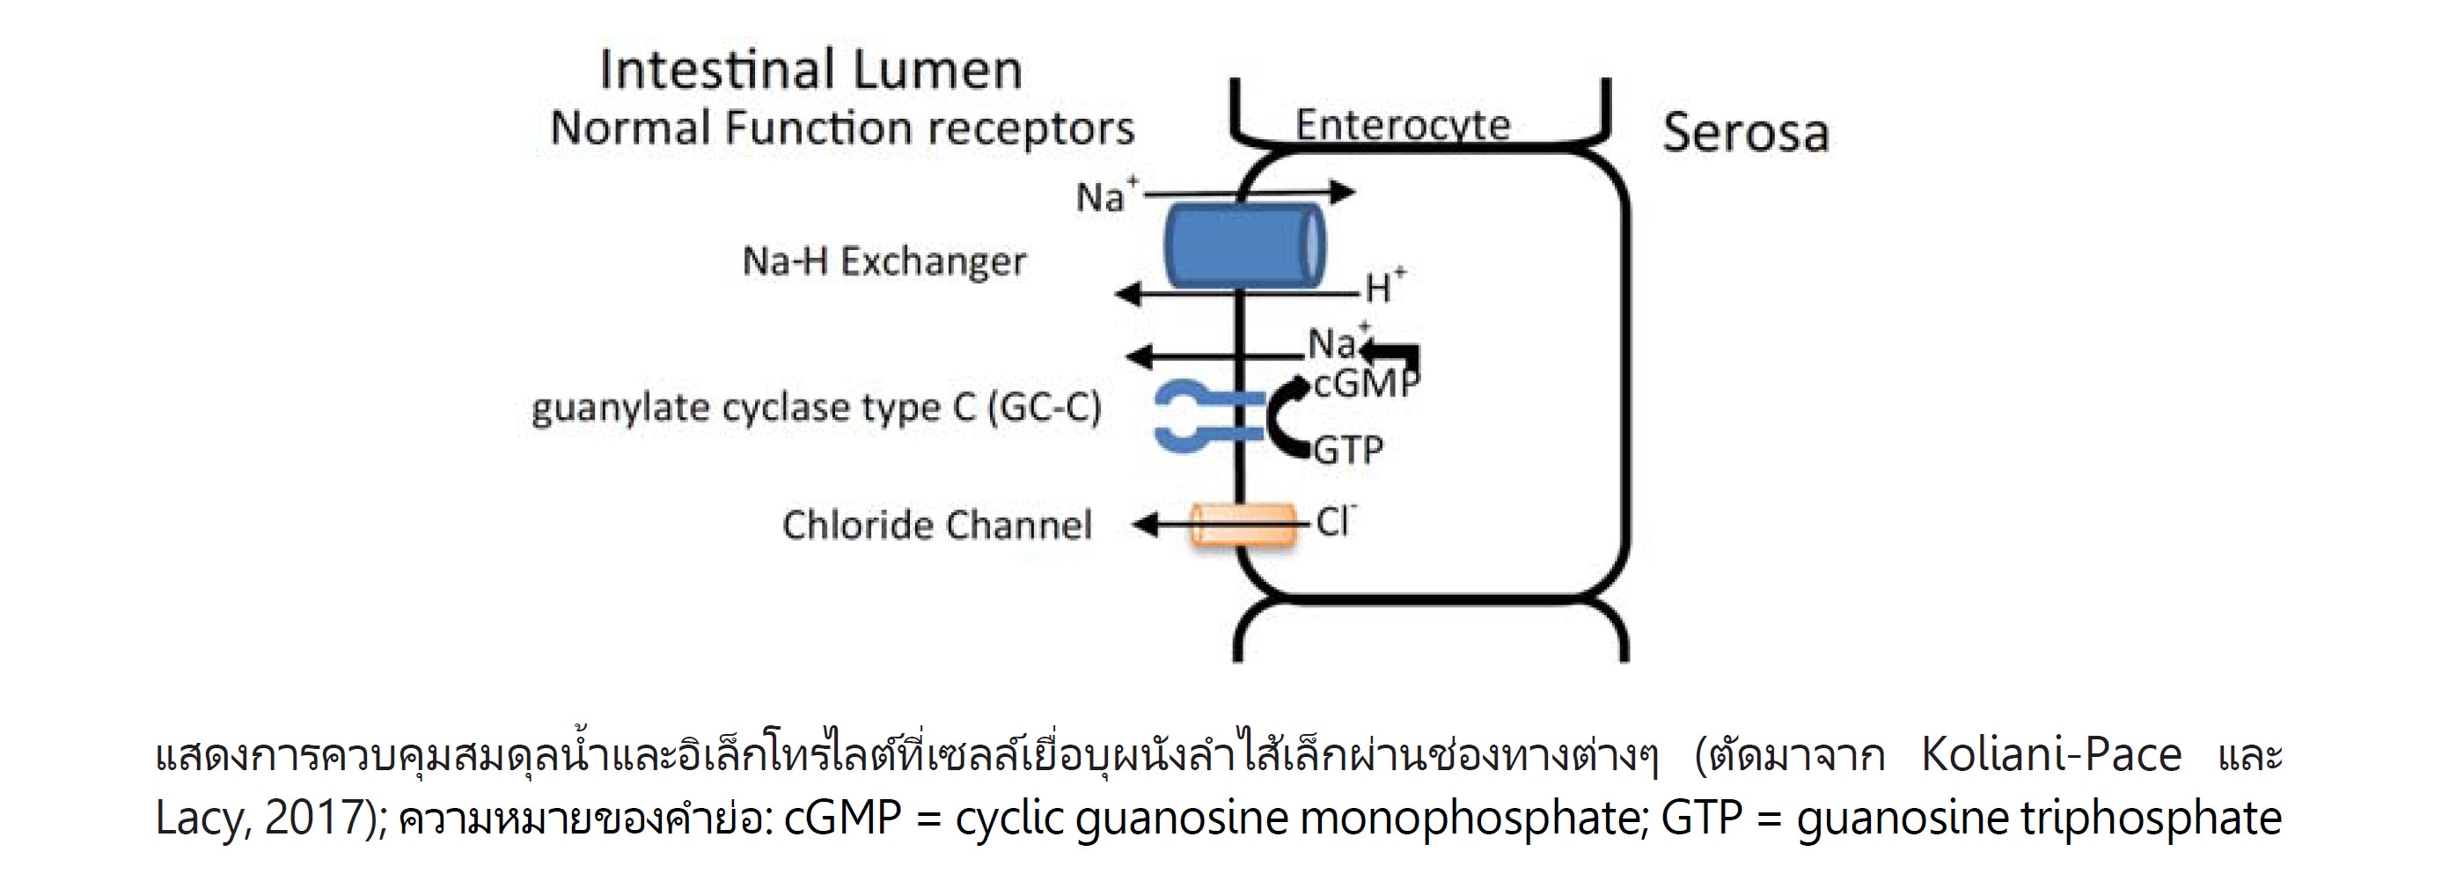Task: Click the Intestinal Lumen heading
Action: [x=810, y=70]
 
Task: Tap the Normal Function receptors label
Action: [x=842, y=129]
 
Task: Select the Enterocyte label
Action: [x=1402, y=124]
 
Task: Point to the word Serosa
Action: [x=1746, y=133]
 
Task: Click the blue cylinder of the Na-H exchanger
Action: [x=1243, y=246]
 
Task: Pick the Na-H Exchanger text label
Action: [x=884, y=261]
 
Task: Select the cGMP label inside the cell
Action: [x=1365, y=384]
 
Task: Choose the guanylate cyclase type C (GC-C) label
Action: [x=816, y=408]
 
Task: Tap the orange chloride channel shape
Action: [x=1243, y=525]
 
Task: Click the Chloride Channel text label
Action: [x=936, y=525]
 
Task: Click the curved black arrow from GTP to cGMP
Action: [x=1279, y=419]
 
